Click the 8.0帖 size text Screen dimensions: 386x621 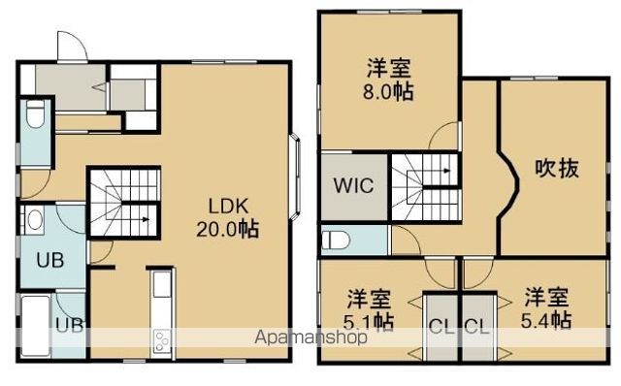387,95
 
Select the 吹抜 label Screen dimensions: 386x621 557,168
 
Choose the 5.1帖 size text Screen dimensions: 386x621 370,320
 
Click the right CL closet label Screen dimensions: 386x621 475,326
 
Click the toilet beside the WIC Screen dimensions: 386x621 335,239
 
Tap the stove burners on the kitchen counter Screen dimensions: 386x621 161,340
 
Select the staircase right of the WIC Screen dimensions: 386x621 426,182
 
